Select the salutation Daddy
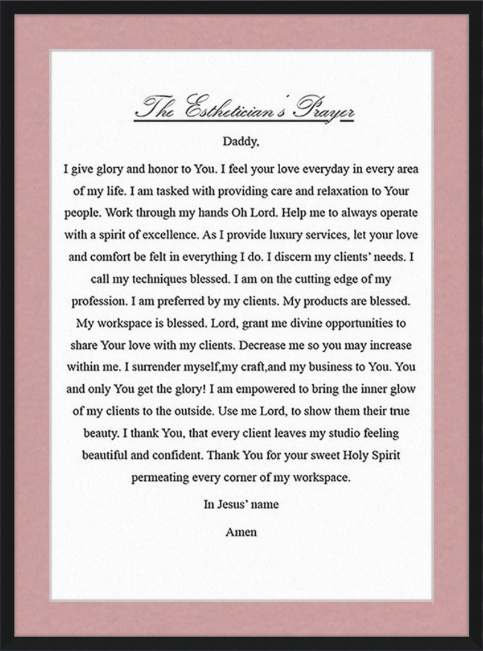click(241, 142)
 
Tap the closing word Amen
click(241, 532)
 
